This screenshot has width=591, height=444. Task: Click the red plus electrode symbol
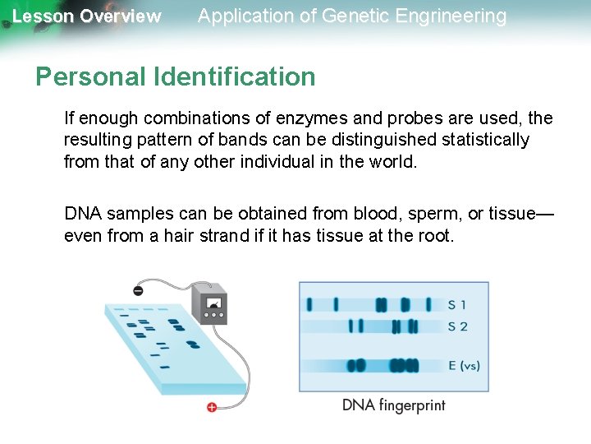click(x=212, y=407)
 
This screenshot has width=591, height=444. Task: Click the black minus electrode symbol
click(x=138, y=290)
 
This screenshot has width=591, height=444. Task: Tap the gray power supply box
click(x=209, y=303)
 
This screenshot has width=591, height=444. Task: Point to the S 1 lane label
click(x=457, y=304)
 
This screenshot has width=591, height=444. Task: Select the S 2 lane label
click(x=458, y=326)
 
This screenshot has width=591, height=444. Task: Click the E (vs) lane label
click(x=464, y=365)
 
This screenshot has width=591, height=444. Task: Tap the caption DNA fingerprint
click(x=394, y=405)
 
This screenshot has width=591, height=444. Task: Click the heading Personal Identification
click(x=176, y=77)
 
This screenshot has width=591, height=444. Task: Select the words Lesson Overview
click(x=87, y=16)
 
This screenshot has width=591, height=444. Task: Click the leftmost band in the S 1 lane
click(x=309, y=304)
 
